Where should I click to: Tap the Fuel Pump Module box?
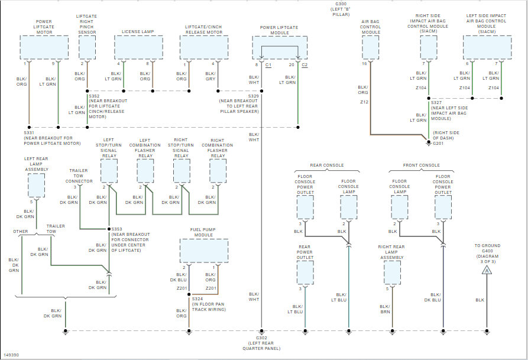tap(203, 251)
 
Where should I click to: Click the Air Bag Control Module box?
tap(371, 47)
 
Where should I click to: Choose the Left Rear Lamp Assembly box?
tap(37, 186)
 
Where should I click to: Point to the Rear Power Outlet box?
tap(305, 271)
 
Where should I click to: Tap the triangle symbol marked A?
tap(487, 270)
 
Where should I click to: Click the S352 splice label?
tap(94, 95)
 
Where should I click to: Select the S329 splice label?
tap(252, 95)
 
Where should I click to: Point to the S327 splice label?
tap(436, 102)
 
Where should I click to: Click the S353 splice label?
tap(118, 229)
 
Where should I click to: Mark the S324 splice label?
tap(197, 299)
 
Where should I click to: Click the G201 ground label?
tap(439, 142)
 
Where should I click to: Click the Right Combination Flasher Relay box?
tap(218, 171)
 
